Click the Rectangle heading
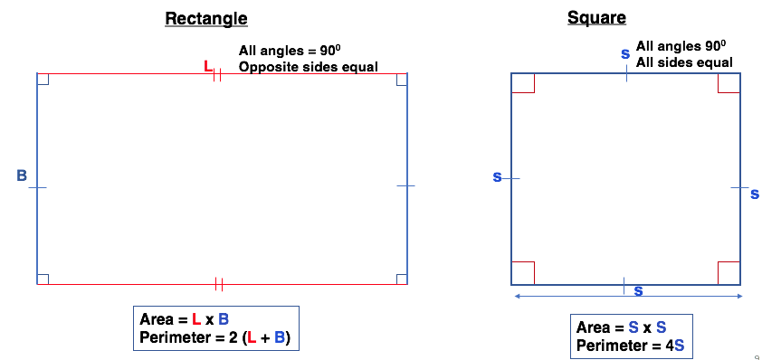pyautogui.click(x=206, y=18)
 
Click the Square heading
pyautogui.click(x=596, y=17)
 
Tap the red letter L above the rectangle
pyautogui.click(x=208, y=66)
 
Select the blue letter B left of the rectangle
pyautogui.click(x=22, y=175)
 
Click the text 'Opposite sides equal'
pyautogui.click(x=308, y=66)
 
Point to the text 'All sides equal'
pyautogui.click(x=684, y=62)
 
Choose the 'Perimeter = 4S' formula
pyautogui.click(x=624, y=346)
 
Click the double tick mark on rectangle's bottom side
pyautogui.click(x=218, y=284)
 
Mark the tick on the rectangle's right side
pyautogui.click(x=405, y=185)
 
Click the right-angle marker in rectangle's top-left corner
pyautogui.click(x=43, y=79)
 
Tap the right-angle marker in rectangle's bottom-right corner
pyautogui.click(x=401, y=279)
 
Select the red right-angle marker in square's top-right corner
pyautogui.click(x=729, y=83)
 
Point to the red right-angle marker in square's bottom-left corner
pyautogui.click(x=523, y=272)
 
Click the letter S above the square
pyautogui.click(x=625, y=54)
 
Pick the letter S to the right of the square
pyautogui.click(x=755, y=194)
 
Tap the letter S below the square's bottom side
pyautogui.click(x=638, y=291)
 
